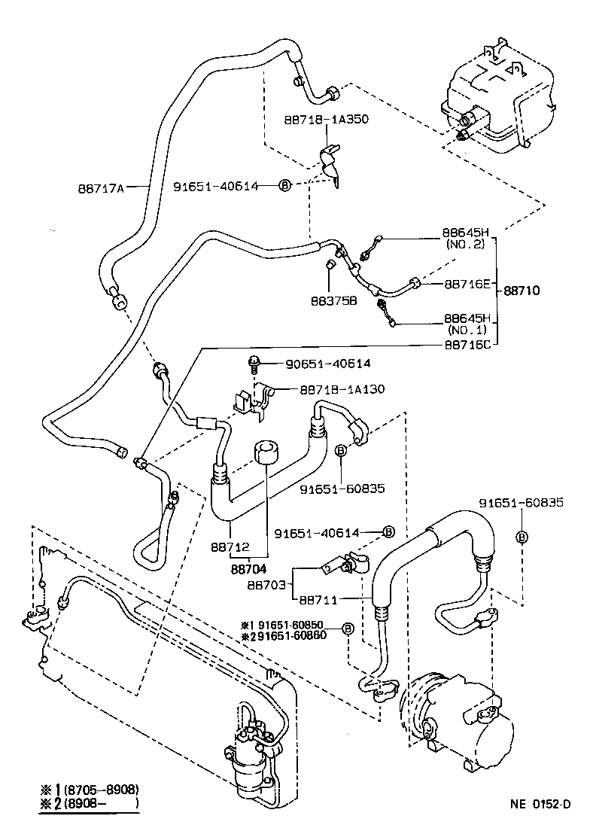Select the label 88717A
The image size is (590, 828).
(101, 187)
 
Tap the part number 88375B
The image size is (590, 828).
(332, 301)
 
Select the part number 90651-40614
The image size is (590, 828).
(327, 363)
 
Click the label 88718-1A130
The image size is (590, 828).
(342, 389)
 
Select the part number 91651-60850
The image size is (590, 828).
(301, 625)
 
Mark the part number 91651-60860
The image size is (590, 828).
(301, 637)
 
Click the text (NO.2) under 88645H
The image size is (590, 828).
(467, 244)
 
